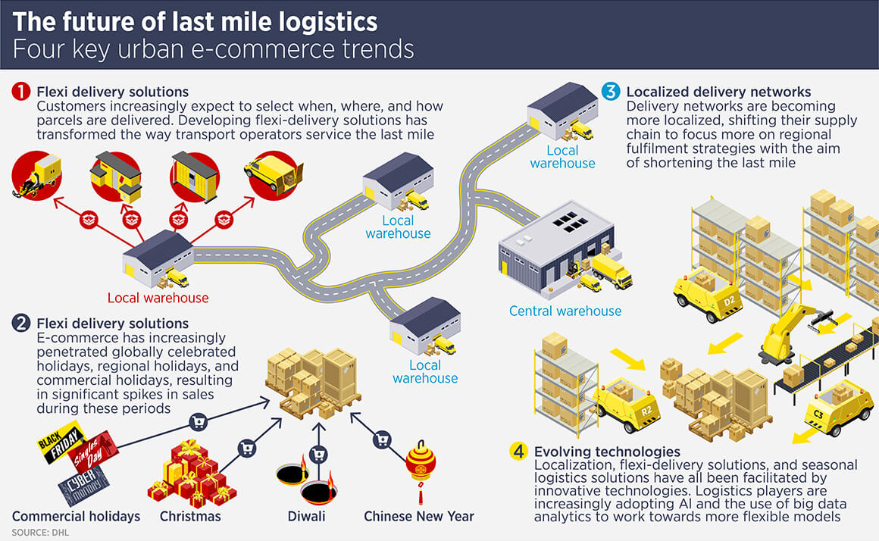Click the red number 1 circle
pos(21,92)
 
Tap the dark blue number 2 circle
pos(21,324)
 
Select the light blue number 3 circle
pos(611,92)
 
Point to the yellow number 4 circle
pos(518,452)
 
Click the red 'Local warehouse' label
pos(158,298)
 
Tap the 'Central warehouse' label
pos(565,311)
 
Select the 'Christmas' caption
pos(190,516)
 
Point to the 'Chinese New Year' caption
pos(419,516)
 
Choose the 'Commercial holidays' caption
pos(76,516)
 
